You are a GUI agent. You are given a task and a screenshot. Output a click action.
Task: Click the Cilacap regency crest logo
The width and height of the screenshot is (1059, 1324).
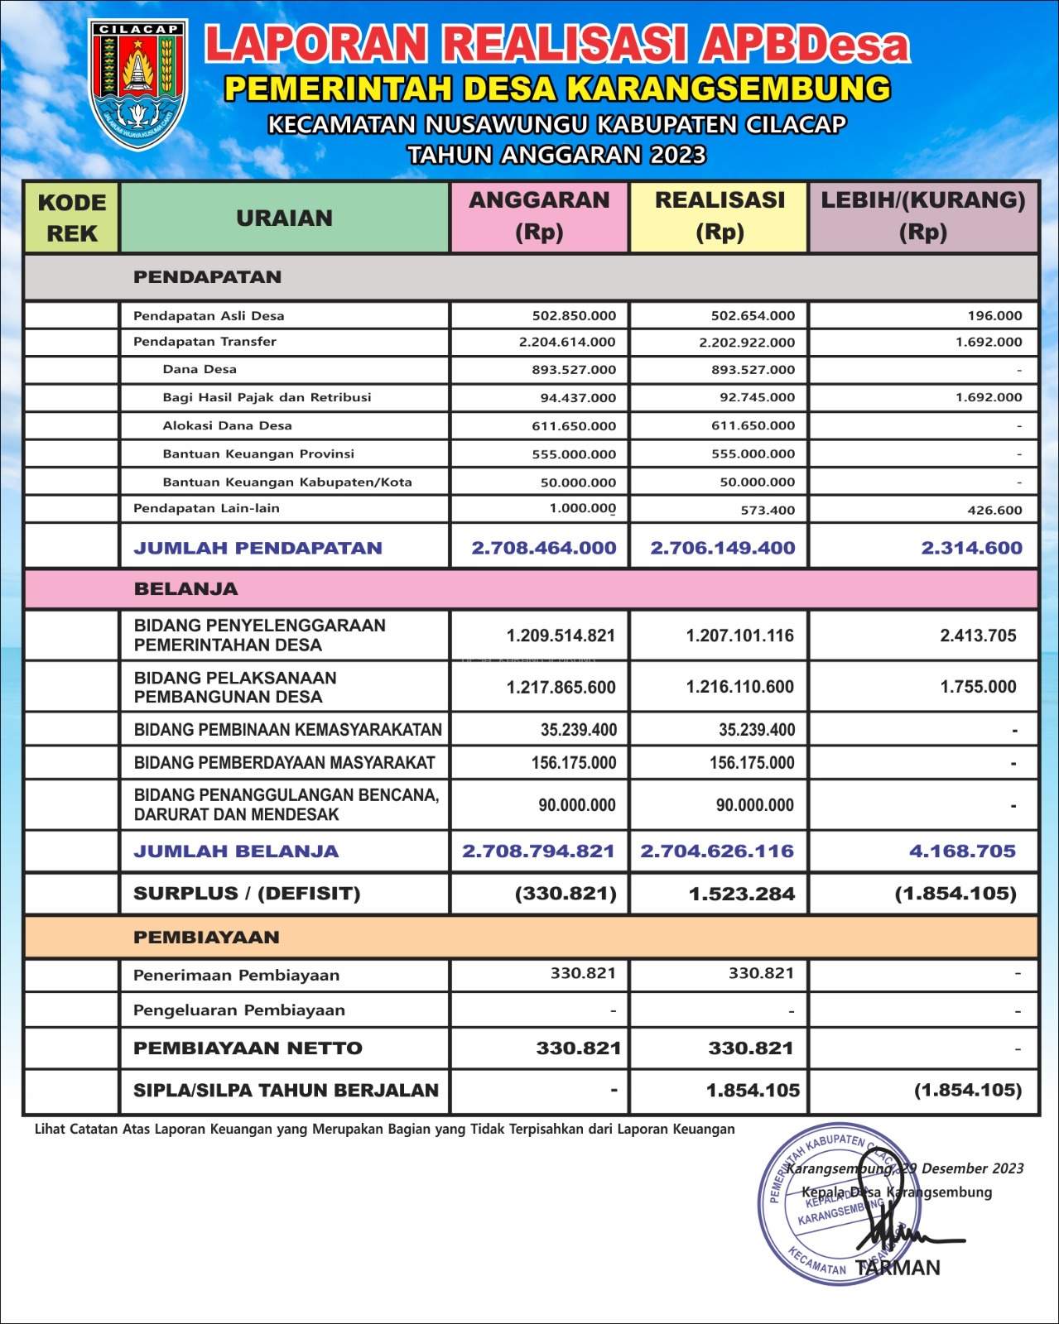pyautogui.click(x=137, y=85)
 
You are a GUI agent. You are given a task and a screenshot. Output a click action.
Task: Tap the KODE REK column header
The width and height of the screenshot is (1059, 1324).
pyautogui.click(x=72, y=218)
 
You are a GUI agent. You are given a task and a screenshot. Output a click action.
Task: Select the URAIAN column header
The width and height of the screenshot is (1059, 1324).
pyautogui.click(x=284, y=218)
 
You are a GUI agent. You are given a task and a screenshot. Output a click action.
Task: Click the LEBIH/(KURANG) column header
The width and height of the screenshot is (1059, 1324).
pyautogui.click(x=922, y=216)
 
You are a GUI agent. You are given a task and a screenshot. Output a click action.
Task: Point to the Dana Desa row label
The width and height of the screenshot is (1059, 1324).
pyautogui.click(x=200, y=369)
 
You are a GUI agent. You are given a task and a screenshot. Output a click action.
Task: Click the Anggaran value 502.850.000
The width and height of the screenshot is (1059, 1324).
pyautogui.click(x=574, y=315)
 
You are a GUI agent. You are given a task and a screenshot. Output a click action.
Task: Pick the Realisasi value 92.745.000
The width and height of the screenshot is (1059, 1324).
pyautogui.click(x=757, y=397)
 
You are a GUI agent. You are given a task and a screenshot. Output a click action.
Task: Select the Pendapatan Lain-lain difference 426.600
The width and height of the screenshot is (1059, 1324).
pyautogui.click(x=994, y=510)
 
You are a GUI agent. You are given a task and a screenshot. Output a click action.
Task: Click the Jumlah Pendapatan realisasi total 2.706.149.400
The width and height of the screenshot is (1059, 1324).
pyautogui.click(x=722, y=548)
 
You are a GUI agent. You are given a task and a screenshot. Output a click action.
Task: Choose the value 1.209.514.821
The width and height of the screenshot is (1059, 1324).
pyautogui.click(x=561, y=636)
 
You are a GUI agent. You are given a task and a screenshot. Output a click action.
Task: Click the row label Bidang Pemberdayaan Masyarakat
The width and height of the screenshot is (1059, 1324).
pyautogui.click(x=284, y=762)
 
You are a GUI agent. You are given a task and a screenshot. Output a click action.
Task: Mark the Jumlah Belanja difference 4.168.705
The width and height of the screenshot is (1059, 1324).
pyautogui.click(x=962, y=851)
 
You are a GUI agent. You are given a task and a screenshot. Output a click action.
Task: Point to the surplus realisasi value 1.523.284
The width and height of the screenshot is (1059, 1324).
pyautogui.click(x=742, y=894)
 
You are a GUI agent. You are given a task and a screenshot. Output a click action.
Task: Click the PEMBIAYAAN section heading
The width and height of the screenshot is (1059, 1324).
pyautogui.click(x=206, y=938)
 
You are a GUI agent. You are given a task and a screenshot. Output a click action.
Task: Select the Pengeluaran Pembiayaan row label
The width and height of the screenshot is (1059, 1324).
pyautogui.click(x=239, y=1010)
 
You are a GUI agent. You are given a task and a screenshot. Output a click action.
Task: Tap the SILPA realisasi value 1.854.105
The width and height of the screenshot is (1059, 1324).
pyautogui.click(x=753, y=1090)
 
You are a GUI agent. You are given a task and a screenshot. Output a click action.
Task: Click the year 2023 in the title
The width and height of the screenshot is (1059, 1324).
pyautogui.click(x=677, y=155)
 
